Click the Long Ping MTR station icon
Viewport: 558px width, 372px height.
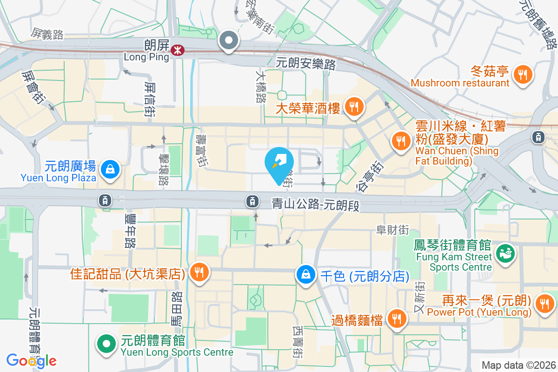click(x=177, y=50)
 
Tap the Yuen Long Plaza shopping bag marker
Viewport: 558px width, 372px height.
click(x=112, y=169)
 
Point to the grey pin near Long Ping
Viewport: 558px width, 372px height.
click(x=229, y=40)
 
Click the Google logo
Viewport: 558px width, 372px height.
click(x=31, y=361)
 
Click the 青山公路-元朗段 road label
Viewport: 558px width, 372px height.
click(x=316, y=204)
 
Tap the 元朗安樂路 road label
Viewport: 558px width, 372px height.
click(x=306, y=64)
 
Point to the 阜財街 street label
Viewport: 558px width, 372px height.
click(x=392, y=229)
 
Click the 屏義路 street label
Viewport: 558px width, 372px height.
click(x=47, y=33)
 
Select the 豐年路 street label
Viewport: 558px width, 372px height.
click(x=129, y=230)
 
